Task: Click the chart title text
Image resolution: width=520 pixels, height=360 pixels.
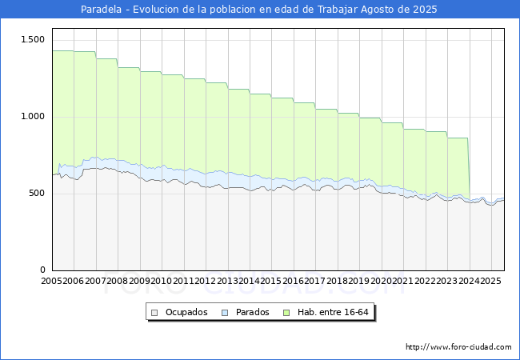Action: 260,10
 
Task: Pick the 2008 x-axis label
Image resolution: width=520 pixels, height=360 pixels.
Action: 118,282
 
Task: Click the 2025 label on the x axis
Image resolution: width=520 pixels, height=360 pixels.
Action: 490,282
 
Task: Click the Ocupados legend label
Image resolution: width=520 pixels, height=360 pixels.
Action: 186,312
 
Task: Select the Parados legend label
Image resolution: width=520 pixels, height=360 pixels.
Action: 252,312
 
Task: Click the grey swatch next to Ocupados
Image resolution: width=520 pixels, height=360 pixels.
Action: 155,312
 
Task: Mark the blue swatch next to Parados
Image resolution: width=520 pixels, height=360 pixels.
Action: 225,312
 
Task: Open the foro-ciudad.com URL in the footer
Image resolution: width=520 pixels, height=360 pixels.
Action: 458,347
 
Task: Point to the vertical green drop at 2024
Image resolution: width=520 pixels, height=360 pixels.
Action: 469,168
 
